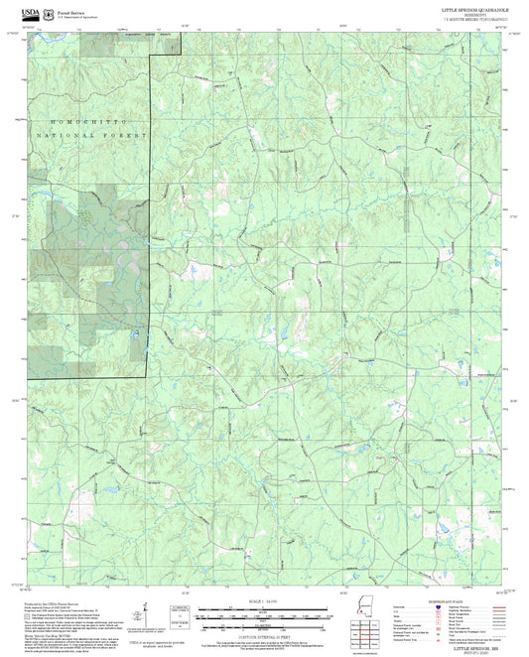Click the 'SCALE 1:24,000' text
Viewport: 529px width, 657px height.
[x=264, y=601]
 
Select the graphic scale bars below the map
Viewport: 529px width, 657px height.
[x=264, y=611]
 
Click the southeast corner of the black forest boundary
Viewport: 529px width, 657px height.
[x=149, y=376]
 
